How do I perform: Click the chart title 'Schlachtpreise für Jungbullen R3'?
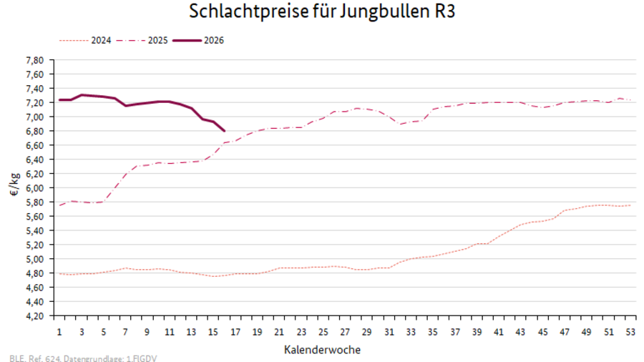[321, 12]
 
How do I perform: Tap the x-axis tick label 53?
[630, 333]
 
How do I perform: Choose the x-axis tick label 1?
[59, 333]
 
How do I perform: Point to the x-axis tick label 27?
[345, 333]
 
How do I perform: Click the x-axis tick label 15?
[213, 333]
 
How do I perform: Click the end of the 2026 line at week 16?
[225, 131]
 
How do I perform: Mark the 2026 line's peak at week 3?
[82, 94]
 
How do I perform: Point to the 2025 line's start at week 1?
[59, 205]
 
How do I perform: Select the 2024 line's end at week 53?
[630, 205]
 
